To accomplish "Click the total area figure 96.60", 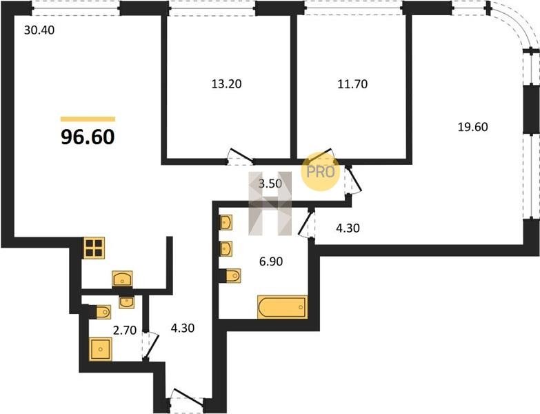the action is point(88,137).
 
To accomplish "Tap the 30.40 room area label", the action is point(39,30).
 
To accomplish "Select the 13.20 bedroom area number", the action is point(226,83).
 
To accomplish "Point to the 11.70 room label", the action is point(352,84).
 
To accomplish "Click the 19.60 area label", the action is point(473,127).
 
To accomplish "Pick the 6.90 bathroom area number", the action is point(270,262).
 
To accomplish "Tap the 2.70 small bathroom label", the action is point(125,331).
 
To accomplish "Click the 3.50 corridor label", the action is point(270,184).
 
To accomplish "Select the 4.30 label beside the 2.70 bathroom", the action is point(183,328).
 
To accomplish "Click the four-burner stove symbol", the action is point(94,248).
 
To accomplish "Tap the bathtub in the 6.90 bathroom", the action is point(282,307).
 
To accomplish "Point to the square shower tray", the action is point(101,349).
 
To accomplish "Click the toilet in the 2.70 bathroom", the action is point(101,312).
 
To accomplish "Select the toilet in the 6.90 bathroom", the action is point(232,275).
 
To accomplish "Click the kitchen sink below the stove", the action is point(123,278).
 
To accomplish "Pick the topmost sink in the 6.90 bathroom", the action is point(226,222).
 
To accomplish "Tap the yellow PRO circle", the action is point(320,172).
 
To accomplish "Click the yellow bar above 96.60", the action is point(88,119).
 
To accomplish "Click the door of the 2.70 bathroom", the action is point(150,346).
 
